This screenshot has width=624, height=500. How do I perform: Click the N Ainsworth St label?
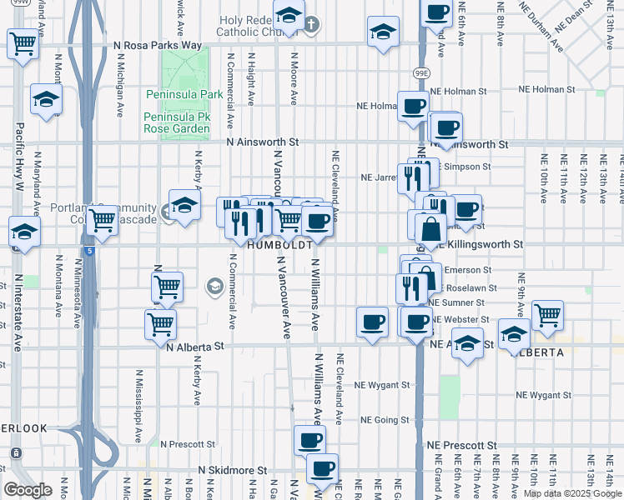pos(268,142)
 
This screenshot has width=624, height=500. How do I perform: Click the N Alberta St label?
pos(196,345)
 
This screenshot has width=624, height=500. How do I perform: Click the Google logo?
pos(28,490)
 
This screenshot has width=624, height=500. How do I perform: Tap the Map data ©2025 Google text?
pos(572,493)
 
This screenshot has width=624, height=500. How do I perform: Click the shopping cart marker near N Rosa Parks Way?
pos(24,43)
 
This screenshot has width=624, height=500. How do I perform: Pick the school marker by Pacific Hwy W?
pos(25,234)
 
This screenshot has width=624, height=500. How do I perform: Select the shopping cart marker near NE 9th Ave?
pos(548,314)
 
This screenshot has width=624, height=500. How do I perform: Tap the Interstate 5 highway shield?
pos(89,249)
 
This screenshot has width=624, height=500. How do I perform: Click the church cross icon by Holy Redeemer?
pos(311,23)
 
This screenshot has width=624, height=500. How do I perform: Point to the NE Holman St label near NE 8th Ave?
pos(551,91)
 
